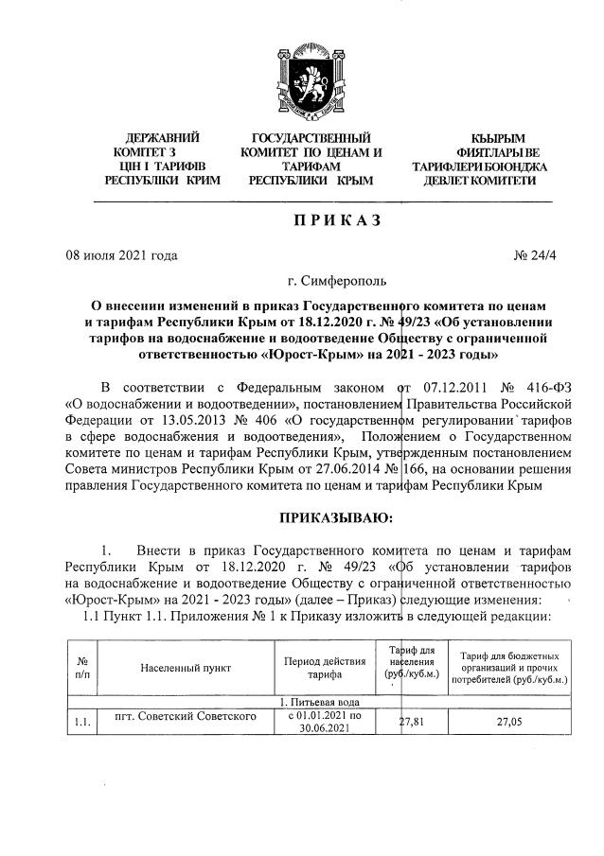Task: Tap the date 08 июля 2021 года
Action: pyautogui.click(x=121, y=254)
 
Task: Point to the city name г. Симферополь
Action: pyautogui.click(x=336, y=281)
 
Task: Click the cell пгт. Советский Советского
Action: pyautogui.click(x=185, y=716)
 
